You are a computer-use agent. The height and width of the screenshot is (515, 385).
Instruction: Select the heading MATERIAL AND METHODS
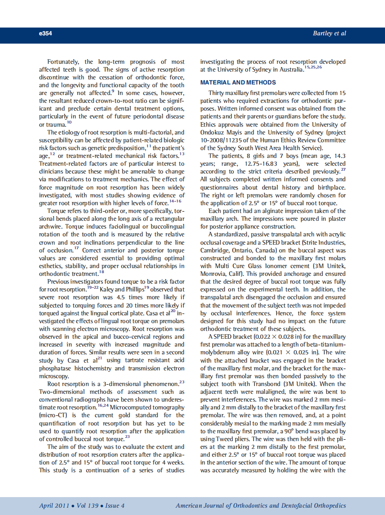(238, 83)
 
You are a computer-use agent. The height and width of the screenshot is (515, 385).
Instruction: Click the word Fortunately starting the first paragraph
(64, 62)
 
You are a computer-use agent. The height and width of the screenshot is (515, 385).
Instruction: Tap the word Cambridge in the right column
(215, 250)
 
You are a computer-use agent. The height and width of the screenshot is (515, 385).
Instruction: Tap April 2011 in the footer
(54, 506)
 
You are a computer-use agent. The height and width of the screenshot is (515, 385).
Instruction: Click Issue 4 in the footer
(114, 506)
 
